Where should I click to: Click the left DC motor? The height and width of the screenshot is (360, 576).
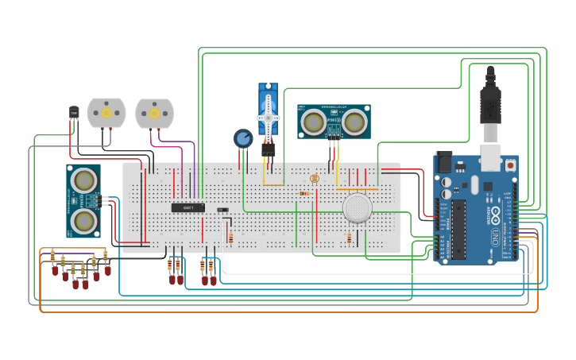pos(106,114)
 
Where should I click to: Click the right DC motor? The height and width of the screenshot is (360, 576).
pos(153,114)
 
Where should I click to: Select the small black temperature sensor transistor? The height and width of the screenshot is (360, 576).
pos(74,114)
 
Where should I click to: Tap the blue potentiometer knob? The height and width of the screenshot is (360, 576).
pos(243,138)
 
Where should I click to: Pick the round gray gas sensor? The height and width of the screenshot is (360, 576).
pos(358,207)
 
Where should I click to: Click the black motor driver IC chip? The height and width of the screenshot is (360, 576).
pos(187,207)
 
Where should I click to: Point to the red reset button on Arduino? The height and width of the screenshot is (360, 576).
pos(510,165)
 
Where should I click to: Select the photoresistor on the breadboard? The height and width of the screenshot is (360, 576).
pos(314,179)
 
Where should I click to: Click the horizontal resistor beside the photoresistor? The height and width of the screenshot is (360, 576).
pos(303,193)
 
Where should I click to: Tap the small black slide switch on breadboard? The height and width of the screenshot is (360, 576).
pos(222,210)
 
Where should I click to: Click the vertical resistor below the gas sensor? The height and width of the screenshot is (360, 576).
pos(349,238)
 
